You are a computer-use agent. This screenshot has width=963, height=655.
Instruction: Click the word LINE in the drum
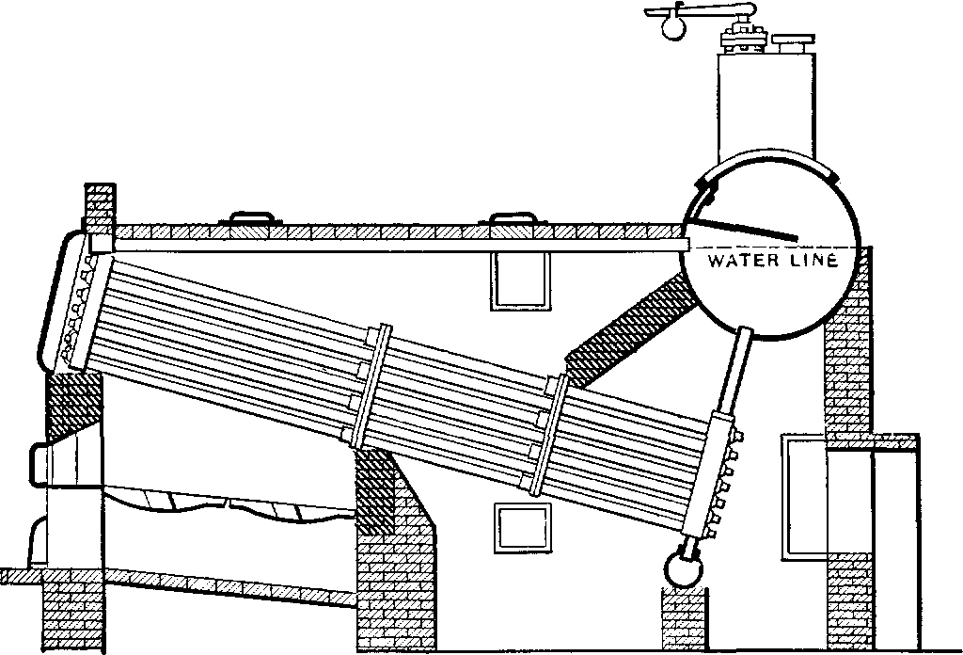(x=812, y=260)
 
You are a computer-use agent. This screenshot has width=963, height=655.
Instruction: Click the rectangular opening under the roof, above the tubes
(x=517, y=281)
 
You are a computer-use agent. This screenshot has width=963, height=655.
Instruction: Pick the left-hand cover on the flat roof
(x=251, y=220)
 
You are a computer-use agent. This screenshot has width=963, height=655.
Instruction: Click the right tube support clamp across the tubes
(x=549, y=432)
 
